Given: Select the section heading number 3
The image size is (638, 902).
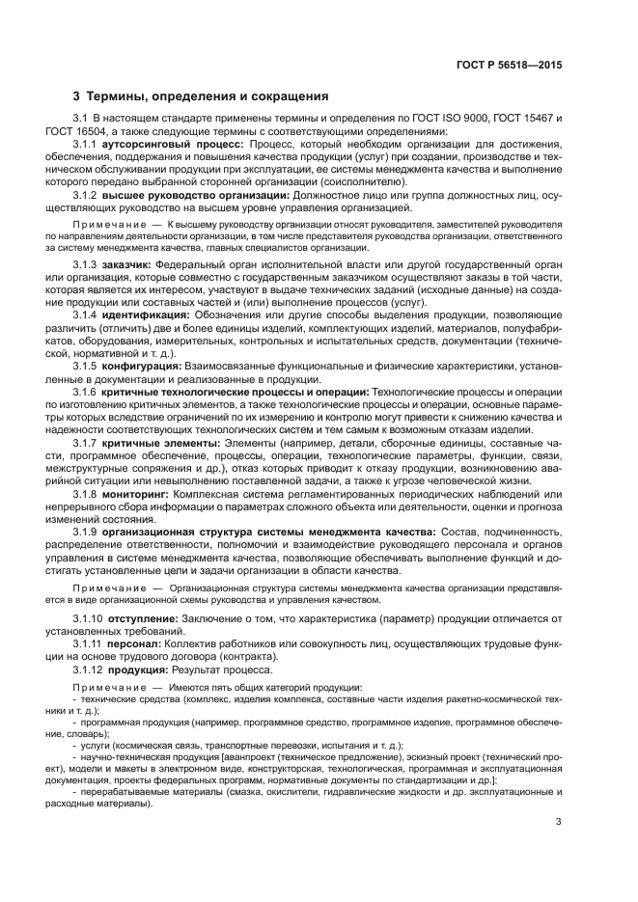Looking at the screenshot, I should (77, 96).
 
